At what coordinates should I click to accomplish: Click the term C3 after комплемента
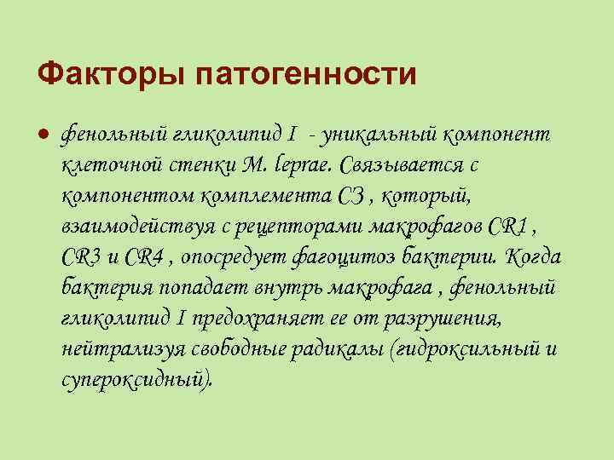point(353,195)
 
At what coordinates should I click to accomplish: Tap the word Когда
point(534,256)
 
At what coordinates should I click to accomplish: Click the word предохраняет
point(256,317)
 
